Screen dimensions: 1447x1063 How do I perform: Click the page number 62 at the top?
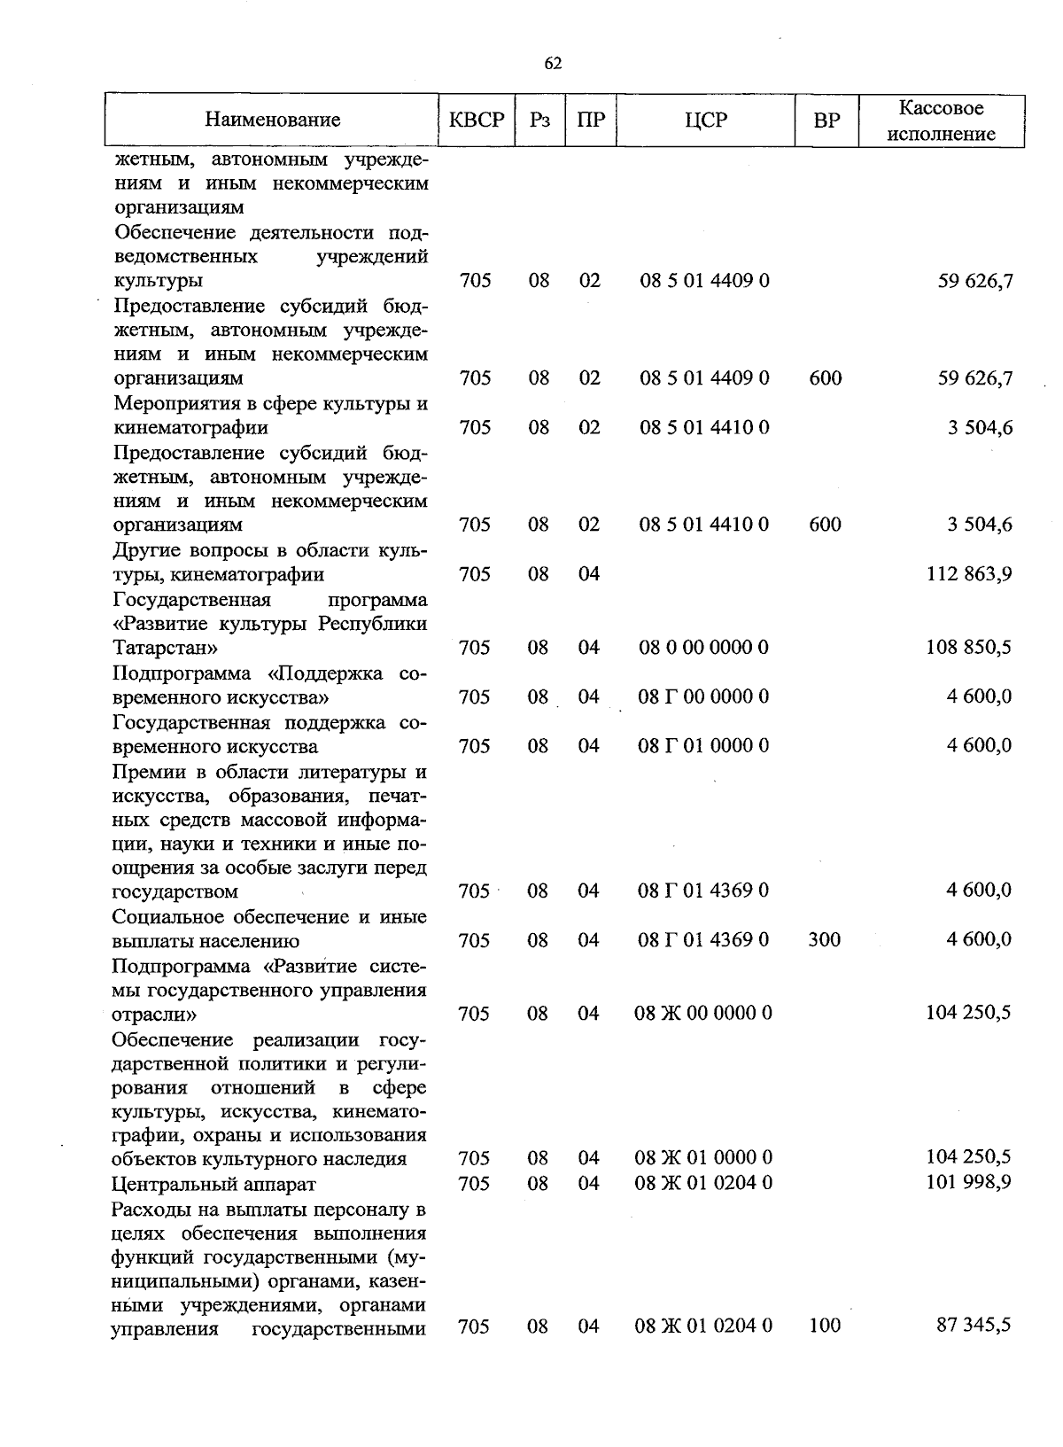coord(553,63)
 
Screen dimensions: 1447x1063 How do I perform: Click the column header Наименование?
coord(273,120)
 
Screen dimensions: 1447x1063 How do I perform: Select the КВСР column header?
coord(476,120)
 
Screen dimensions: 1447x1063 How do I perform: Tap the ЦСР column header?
coord(705,120)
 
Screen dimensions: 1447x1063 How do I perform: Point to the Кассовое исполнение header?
coord(941,121)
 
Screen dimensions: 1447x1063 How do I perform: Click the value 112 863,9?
coord(968,574)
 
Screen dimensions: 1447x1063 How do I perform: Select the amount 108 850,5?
coord(968,648)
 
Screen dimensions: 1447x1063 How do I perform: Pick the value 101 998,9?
coord(968,1183)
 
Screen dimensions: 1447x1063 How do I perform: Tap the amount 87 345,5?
coord(974,1326)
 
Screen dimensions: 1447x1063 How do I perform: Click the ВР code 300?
coord(825,940)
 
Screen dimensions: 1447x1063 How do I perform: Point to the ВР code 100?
coord(825,1326)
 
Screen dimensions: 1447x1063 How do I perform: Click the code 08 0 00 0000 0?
coord(704,648)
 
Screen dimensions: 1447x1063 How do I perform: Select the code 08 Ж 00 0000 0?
coord(703,1013)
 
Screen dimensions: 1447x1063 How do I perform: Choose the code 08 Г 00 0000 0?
coord(703,696)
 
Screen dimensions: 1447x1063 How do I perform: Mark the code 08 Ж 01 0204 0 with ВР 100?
coord(703,1326)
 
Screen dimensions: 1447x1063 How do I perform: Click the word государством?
coord(175,891)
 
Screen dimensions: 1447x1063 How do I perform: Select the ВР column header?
coord(826,120)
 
